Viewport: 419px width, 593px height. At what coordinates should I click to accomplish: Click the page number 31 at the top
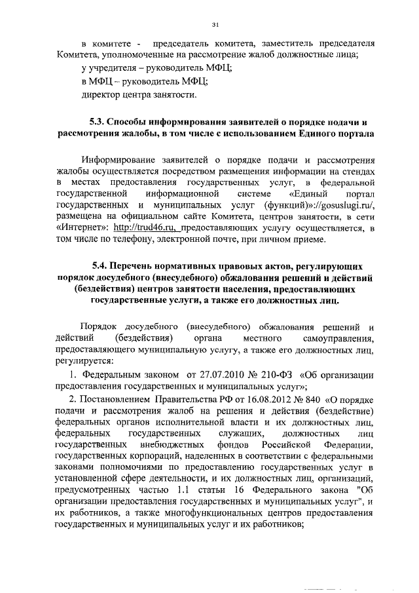tap(215, 24)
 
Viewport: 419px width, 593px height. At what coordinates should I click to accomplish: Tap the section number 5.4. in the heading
tap(101, 267)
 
